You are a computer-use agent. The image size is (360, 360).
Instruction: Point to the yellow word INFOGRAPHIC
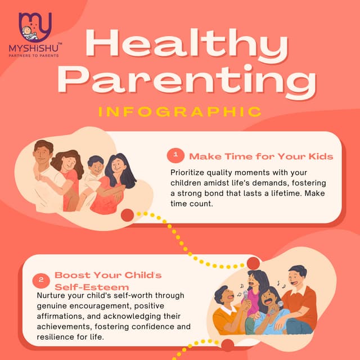point(180,110)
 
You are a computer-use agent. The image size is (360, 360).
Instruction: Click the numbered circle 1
point(176,154)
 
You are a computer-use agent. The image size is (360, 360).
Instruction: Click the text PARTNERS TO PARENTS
point(35,56)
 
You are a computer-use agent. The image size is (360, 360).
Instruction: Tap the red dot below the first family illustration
point(128,215)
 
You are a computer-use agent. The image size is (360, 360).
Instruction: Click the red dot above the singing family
point(253,263)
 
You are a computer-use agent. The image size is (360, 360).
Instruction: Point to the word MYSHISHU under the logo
point(35,49)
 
